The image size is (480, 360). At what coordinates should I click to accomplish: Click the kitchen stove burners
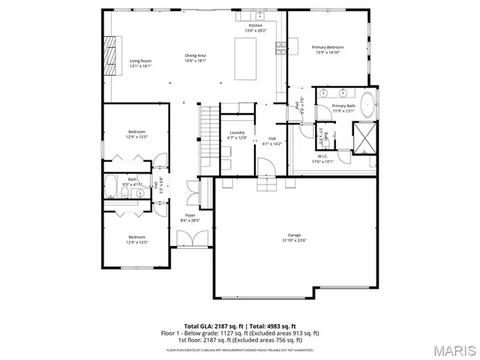[x=280, y=48]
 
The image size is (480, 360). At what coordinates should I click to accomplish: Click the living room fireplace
[x=110, y=56]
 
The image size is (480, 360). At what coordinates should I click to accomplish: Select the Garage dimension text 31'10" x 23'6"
[x=294, y=240]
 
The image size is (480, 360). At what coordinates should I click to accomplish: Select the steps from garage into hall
[x=265, y=184]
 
